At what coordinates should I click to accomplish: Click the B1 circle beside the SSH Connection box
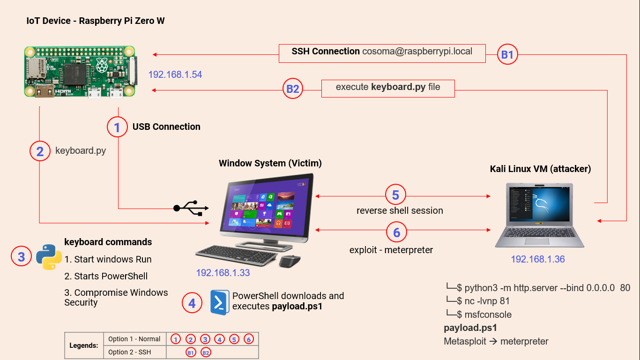(507, 55)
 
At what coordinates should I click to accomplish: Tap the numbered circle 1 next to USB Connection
(117, 127)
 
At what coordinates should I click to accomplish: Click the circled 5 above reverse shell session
(396, 195)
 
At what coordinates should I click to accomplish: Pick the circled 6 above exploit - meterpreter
(397, 232)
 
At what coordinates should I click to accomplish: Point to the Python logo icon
(49, 257)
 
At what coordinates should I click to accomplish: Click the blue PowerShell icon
(219, 302)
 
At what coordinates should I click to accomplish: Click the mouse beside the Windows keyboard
(290, 261)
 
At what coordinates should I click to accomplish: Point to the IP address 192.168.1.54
(175, 74)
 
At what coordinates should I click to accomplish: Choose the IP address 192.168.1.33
(223, 273)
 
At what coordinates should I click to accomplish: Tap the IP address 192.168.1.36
(538, 259)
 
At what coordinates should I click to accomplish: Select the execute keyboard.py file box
(388, 88)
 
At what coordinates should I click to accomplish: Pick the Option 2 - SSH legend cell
(130, 352)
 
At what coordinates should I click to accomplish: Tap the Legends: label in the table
(84, 345)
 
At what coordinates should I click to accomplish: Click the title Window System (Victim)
(270, 164)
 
